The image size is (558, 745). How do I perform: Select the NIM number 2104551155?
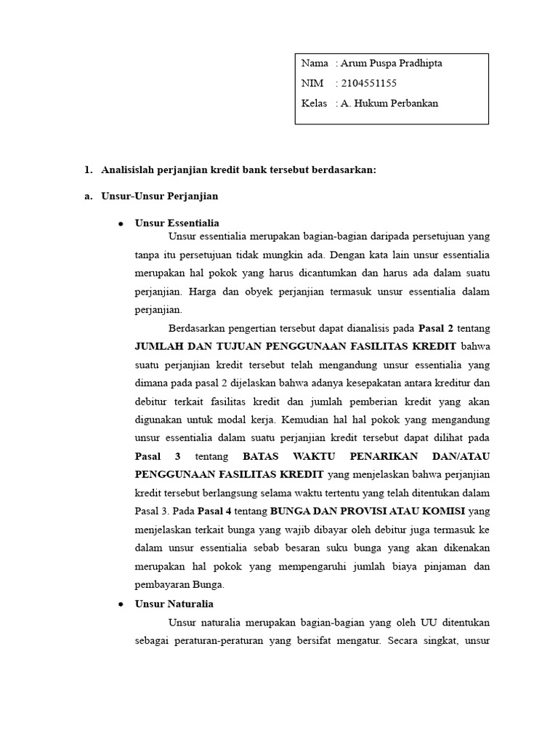pos(369,83)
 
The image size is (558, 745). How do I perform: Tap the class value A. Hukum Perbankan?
pos(389,103)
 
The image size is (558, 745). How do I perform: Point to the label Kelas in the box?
pos(314,103)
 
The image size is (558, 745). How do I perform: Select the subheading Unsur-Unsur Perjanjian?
pos(160,196)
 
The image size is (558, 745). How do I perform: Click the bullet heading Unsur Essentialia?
pos(177,223)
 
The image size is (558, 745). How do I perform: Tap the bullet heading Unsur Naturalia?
pos(174,604)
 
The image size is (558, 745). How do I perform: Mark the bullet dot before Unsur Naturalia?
pos(121,605)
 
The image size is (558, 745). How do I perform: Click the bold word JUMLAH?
pos(160,346)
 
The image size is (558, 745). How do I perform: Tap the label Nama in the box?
pos(315,63)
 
